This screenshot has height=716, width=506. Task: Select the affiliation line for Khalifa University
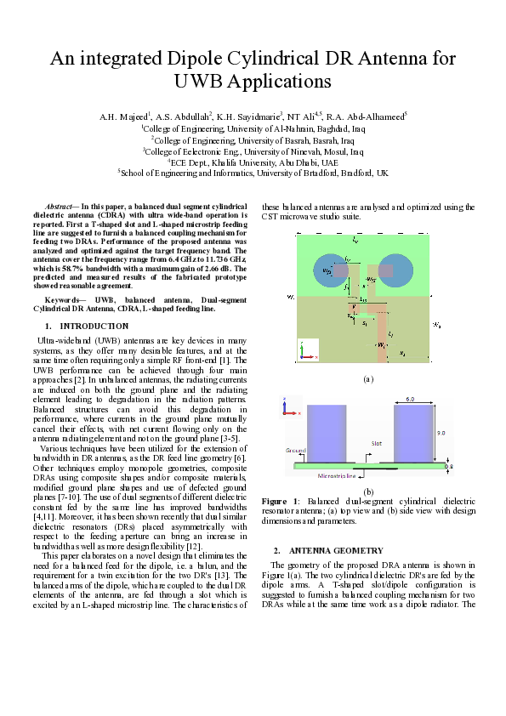pyautogui.click(x=253, y=161)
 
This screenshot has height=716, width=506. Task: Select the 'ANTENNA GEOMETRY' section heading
pyautogui.click(x=336, y=550)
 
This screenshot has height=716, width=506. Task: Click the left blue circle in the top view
pyautogui.click(x=327, y=271)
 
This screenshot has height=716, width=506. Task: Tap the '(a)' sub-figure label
pyautogui.click(x=367, y=378)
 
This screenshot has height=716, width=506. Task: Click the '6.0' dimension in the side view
pyautogui.click(x=409, y=399)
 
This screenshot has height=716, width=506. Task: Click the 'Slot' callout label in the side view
pyautogui.click(x=377, y=443)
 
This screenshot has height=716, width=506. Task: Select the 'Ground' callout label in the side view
pyautogui.click(x=295, y=448)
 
